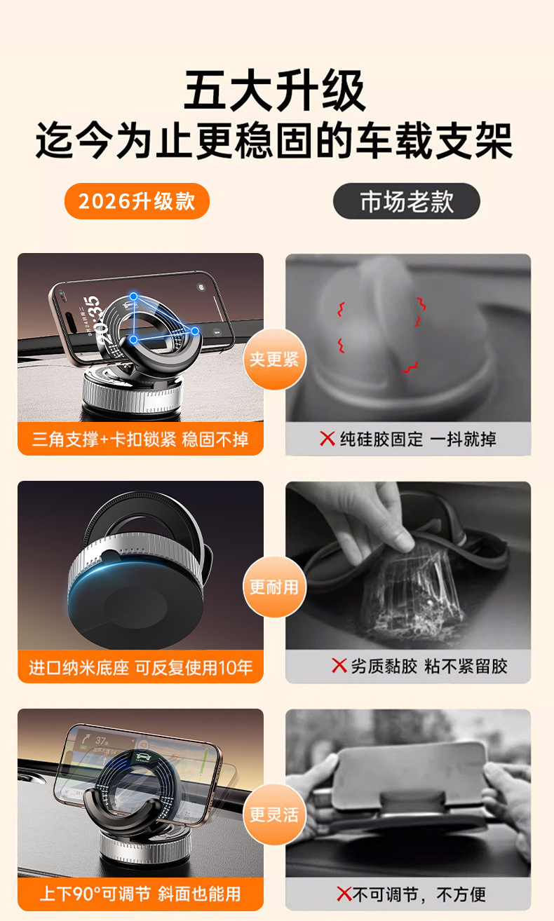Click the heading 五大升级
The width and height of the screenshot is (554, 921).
(274, 90)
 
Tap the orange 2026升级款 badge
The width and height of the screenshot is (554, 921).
(137, 201)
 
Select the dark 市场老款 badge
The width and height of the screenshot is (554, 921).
(406, 201)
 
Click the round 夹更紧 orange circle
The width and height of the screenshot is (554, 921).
(274, 359)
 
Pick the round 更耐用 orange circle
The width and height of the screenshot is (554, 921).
(274, 587)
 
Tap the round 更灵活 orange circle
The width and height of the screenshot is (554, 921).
(274, 814)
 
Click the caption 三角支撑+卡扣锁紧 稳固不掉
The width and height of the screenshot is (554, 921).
(140, 439)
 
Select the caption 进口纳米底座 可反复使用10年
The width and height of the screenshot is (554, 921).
(140, 667)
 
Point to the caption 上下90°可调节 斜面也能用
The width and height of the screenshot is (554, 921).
(140, 894)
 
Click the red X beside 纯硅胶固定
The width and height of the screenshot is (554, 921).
(327, 439)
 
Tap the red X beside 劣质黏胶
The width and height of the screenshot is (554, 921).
(339, 666)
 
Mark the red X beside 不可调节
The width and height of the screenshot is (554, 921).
(344, 894)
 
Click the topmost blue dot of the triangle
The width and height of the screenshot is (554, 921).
(134, 296)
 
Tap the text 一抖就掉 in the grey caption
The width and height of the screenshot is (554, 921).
(464, 439)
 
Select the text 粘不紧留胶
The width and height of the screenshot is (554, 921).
(466, 666)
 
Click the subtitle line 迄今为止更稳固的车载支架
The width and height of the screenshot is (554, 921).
(274, 140)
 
